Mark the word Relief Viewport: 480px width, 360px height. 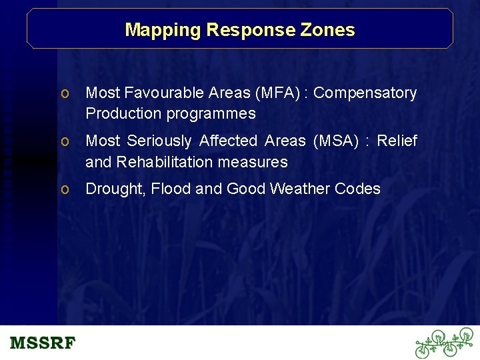click(397, 141)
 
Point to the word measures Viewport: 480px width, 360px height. click(257, 162)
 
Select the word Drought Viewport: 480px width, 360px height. click(115, 189)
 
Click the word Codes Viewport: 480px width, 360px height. click(357, 189)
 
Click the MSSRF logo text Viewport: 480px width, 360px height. click(43, 343)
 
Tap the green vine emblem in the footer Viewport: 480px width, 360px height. click(444, 343)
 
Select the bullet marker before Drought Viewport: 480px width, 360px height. click(65, 190)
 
